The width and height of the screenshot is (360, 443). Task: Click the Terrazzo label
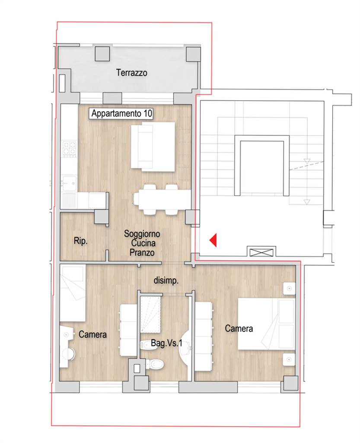[x=131, y=73]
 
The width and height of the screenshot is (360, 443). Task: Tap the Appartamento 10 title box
[x=121, y=114]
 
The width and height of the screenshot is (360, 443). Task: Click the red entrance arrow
[x=213, y=240]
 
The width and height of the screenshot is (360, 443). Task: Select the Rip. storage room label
[x=80, y=241]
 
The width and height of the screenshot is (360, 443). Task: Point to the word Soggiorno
[x=142, y=234]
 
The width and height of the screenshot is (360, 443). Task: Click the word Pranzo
[x=142, y=252]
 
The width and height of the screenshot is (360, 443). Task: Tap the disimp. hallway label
[x=166, y=280]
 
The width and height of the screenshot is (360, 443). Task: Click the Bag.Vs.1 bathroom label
[x=166, y=343]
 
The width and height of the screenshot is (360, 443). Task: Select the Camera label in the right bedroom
[x=239, y=328]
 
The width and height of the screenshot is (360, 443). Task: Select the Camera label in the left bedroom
[x=92, y=334]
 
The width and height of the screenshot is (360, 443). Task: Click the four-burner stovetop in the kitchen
[x=70, y=149]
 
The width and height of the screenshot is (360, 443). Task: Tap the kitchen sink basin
[x=69, y=183]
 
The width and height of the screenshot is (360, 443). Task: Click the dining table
[x=162, y=200]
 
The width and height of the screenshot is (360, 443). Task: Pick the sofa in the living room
[x=153, y=147]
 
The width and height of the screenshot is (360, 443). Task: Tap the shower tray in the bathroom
[x=150, y=315]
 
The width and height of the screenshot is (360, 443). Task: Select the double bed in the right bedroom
[x=266, y=324]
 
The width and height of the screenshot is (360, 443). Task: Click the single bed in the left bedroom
[x=73, y=293]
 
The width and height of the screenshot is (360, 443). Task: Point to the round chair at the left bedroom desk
[x=69, y=355]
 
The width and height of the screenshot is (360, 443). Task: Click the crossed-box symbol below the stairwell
[x=261, y=252]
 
